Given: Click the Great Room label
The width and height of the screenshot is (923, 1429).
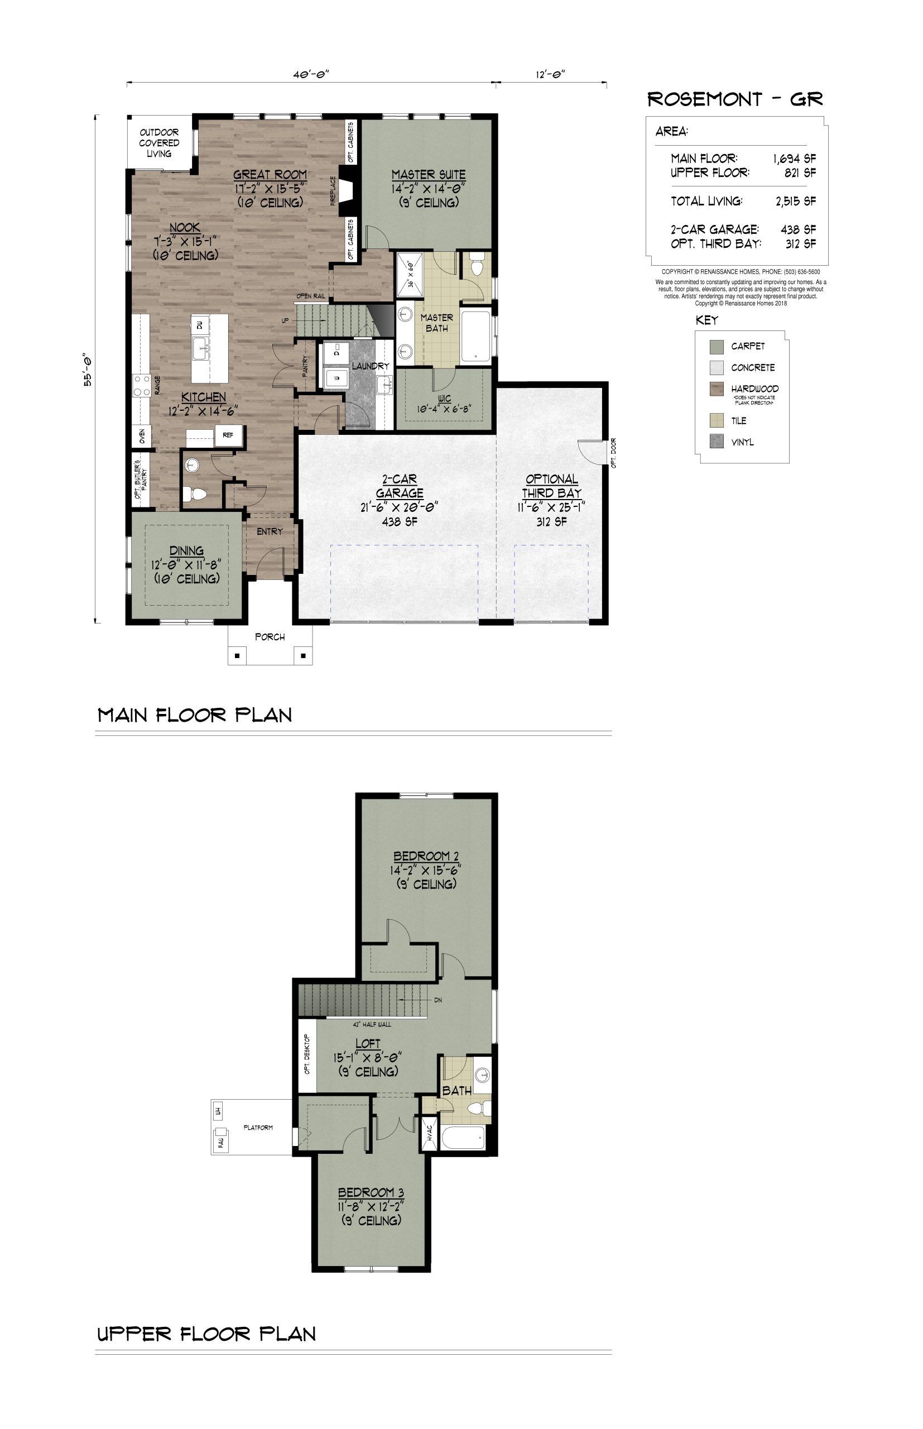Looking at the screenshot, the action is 270,174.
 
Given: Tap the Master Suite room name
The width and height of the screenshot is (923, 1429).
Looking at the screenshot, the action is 429,174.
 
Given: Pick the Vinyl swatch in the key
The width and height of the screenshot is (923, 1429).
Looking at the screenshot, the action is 716,442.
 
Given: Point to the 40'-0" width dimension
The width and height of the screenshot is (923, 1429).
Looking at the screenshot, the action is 311,74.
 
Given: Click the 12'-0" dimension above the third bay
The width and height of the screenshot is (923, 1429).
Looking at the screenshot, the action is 551,74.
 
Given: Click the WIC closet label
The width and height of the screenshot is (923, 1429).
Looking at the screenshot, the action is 444,397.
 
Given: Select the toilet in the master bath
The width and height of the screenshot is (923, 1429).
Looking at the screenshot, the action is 477,265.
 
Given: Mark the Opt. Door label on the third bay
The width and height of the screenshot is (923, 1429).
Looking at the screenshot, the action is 613,453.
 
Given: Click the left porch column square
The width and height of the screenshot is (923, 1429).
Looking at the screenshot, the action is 237,656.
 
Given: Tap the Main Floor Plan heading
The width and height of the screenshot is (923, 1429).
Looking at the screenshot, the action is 195,714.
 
